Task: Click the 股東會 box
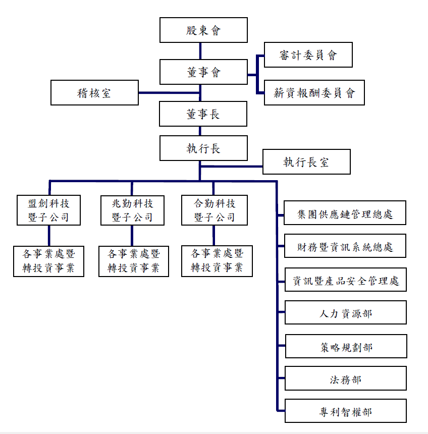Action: pyautogui.click(x=203, y=30)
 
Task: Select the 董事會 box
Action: pyautogui.click(x=203, y=72)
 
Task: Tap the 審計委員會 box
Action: pyautogui.click(x=308, y=55)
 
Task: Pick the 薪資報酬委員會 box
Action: pyautogui.click(x=314, y=93)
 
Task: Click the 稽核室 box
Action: pyautogui.click(x=94, y=93)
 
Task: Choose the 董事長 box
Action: pyautogui.click(x=203, y=114)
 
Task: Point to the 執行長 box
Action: pyautogui.click(x=203, y=148)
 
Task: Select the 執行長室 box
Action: pyautogui.click(x=306, y=162)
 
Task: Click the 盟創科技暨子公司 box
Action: pyautogui.click(x=48, y=210)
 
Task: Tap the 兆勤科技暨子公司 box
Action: pyautogui.click(x=132, y=210)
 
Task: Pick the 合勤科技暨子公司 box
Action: pyautogui.click(x=215, y=210)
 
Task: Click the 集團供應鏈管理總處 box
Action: pyautogui.click(x=345, y=214)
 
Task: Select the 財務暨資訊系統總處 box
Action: pyautogui.click(x=345, y=247)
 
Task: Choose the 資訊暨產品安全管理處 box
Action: pyautogui.click(x=345, y=280)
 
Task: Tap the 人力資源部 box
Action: pyautogui.click(x=345, y=313)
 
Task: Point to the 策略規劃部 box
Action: pyautogui.click(x=345, y=347)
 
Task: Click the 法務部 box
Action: pyautogui.click(x=345, y=379)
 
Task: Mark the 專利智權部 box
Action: pyautogui.click(x=345, y=411)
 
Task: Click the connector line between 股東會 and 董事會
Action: pyautogui.click(x=200, y=51)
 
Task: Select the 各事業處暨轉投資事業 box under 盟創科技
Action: pyautogui.click(x=48, y=261)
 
